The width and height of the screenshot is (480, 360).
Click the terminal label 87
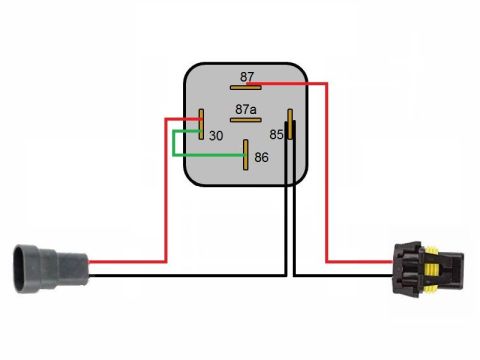(x=247, y=77)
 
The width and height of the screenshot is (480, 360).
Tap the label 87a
(x=246, y=109)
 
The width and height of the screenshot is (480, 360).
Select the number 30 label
(x=216, y=136)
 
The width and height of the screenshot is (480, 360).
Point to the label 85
(x=276, y=135)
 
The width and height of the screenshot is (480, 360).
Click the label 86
(x=261, y=157)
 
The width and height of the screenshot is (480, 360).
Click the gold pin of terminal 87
(x=246, y=88)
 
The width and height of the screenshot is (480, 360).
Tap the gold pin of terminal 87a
(x=246, y=120)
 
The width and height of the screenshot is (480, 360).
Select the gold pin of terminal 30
(x=201, y=124)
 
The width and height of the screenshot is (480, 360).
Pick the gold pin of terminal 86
(x=246, y=155)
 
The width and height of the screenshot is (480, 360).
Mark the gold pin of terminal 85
(x=290, y=124)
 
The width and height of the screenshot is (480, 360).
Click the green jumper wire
(x=173, y=143)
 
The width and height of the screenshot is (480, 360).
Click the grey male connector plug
(x=51, y=269)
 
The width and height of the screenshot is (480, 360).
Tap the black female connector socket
(x=428, y=269)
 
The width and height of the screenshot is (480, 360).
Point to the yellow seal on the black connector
(x=432, y=269)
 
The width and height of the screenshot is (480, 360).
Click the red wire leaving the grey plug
(x=166, y=190)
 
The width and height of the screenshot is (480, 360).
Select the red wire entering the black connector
(x=327, y=173)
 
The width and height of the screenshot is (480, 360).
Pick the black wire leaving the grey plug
(x=187, y=276)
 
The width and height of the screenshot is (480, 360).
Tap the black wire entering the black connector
(x=343, y=276)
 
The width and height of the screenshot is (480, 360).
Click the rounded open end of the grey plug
(x=18, y=269)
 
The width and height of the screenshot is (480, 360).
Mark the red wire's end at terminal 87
(x=248, y=83)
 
